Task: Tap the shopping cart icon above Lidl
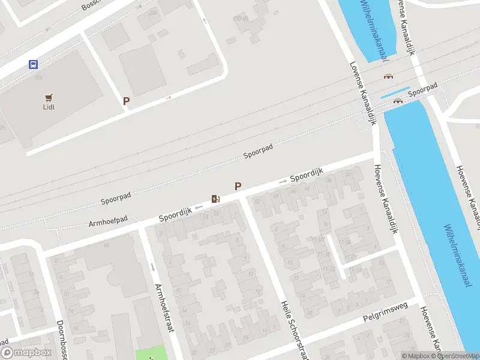click(49, 97)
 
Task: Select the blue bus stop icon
click(33, 65)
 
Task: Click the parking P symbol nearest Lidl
click(126, 101)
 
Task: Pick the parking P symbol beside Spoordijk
click(238, 187)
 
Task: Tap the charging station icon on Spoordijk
click(215, 199)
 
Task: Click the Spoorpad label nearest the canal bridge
click(423, 89)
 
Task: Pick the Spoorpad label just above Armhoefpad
click(116, 196)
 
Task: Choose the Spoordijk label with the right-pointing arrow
click(307, 175)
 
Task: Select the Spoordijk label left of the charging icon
click(175, 213)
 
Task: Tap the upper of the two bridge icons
click(388, 77)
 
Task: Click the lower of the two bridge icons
click(397, 101)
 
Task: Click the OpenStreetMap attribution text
click(460, 356)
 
